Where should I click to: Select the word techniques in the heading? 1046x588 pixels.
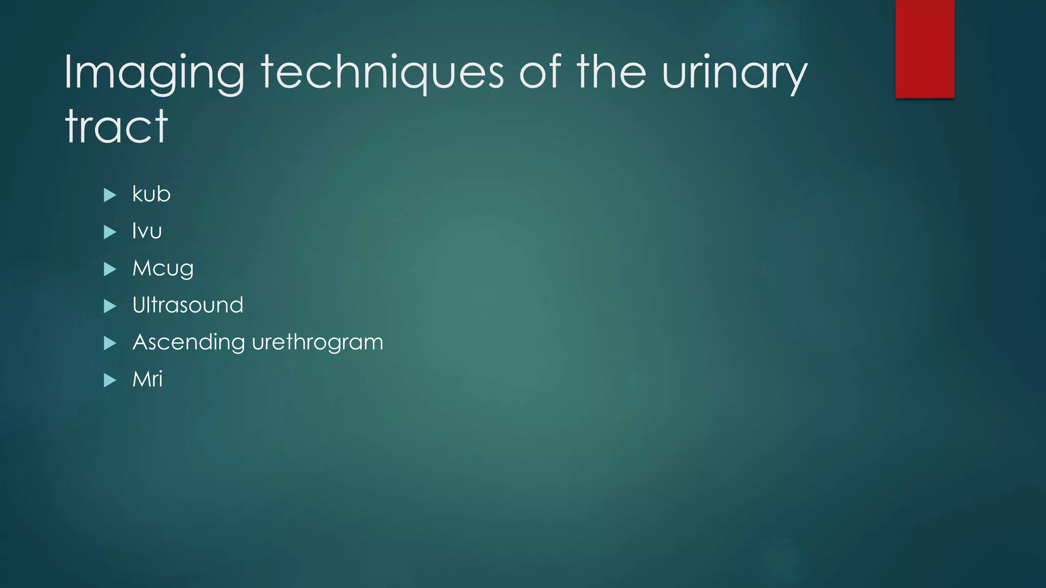tap(383, 74)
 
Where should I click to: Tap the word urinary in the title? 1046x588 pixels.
tap(734, 74)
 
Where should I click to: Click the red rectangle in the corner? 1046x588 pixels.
tap(924, 49)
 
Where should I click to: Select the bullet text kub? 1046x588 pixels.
tap(151, 194)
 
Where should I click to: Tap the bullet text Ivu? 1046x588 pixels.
tap(147, 231)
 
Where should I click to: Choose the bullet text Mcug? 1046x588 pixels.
tap(163, 268)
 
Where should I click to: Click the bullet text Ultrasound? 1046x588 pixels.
tap(188, 305)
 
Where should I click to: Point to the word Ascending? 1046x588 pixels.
tap(188, 342)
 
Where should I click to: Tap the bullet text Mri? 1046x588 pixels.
tap(148, 379)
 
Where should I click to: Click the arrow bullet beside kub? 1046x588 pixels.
tap(110, 195)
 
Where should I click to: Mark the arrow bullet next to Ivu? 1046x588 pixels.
tap(110, 232)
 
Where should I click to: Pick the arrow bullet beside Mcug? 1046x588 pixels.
tap(110, 269)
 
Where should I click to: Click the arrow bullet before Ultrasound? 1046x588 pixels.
tap(110, 306)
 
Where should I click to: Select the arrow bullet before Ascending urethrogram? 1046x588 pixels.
tap(110, 343)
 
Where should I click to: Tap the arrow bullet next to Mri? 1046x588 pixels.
tap(110, 380)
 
